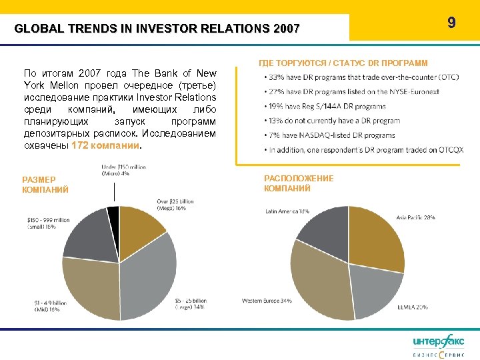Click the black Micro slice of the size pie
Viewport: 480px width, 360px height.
pyautogui.click(x=113, y=214)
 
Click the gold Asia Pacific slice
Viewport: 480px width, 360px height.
pyautogui.click(x=377, y=237)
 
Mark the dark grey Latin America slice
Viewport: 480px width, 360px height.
pyautogui.click(x=323, y=230)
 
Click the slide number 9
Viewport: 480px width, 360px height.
pyautogui.click(x=451, y=23)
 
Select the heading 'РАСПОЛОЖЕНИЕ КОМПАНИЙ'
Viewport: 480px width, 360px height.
pyautogui.click(x=299, y=183)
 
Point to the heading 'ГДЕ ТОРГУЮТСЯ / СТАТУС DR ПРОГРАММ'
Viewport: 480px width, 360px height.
pyautogui.click(x=343, y=63)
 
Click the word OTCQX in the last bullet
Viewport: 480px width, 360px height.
pyautogui.click(x=449, y=150)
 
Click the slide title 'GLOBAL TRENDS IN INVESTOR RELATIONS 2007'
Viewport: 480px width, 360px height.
pyautogui.click(x=157, y=29)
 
